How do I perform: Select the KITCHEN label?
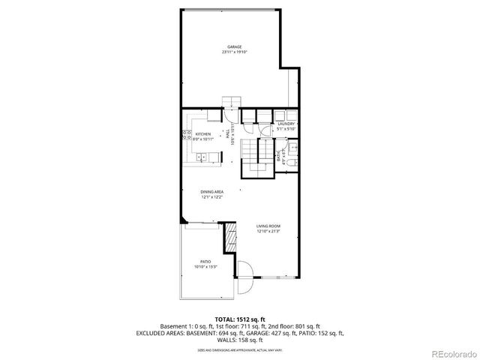(x=203, y=133)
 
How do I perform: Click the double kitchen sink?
(x=203, y=157)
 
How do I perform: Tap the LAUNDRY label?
(x=286, y=124)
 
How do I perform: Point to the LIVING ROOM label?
(x=267, y=226)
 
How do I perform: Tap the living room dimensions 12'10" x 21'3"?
(x=267, y=232)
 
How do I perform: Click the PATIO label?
(x=205, y=262)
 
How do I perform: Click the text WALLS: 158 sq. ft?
(x=239, y=338)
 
